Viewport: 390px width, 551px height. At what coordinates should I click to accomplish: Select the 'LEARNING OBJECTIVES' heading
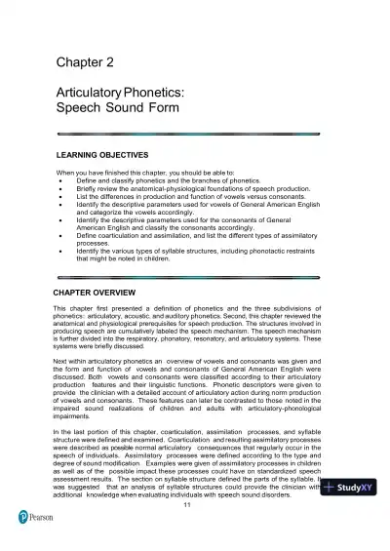tap(100, 155)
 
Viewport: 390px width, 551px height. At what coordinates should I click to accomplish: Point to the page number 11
tap(199, 504)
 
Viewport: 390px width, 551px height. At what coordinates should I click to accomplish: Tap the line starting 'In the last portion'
tap(195, 430)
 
